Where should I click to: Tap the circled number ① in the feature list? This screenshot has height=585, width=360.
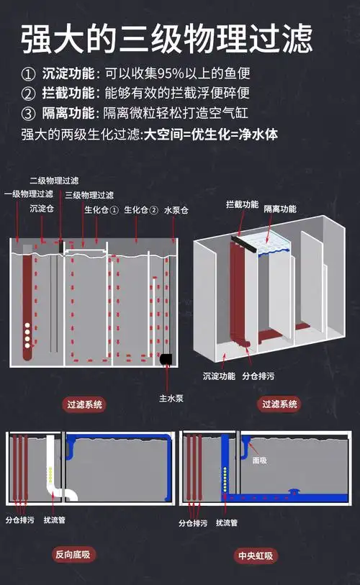28,75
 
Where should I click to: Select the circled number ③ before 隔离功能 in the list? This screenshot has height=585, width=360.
28,113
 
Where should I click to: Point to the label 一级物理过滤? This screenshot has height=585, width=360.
29,194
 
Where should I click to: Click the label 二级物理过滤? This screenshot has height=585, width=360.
54,180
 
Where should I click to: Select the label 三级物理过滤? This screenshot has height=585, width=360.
89,195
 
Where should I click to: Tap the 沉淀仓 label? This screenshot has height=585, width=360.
42,209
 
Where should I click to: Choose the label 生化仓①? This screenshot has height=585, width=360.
101,210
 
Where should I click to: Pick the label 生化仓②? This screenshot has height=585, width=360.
140,210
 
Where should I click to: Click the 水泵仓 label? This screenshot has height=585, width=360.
176,210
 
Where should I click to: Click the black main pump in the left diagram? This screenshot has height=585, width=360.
167,358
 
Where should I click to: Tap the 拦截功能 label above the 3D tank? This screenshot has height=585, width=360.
242,204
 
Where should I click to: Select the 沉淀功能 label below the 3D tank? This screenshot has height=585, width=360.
218,376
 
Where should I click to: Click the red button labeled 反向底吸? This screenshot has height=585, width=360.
75,554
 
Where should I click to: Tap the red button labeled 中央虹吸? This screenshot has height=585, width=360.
257,555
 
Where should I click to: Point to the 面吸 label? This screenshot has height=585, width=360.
259,460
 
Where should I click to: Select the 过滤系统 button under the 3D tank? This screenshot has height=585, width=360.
279,404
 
